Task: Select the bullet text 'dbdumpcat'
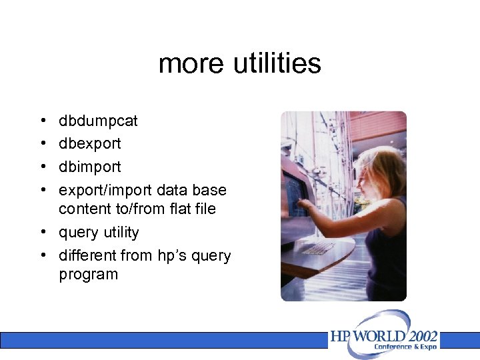click(98, 121)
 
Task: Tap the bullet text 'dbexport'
click(90, 143)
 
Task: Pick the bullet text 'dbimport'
click(90, 167)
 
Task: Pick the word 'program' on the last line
click(88, 274)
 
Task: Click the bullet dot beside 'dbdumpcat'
click(43, 121)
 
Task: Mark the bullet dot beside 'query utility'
click(43, 233)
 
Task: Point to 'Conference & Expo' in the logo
click(405, 347)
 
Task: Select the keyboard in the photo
click(319, 248)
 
